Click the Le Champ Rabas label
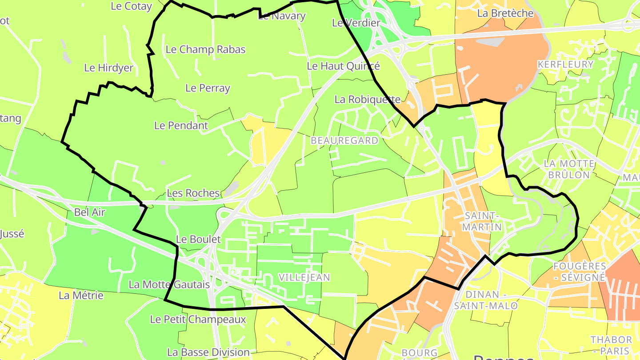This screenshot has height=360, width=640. pos(205,49)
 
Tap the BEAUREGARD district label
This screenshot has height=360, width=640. pos(344,140)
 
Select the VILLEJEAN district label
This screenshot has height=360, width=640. pos(304,277)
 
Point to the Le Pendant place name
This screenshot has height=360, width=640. pos(181,126)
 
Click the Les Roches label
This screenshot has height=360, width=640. pos(193,193)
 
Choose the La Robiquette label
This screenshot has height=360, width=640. pos(368,100)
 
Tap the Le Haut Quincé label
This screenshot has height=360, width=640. pos(344,66)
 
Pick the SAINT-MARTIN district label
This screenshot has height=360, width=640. pos(483,221)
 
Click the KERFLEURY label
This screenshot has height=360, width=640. pos(565,64)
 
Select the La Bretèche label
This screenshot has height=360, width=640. pos(505,13)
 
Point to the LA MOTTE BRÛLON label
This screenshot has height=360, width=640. pos(569,169)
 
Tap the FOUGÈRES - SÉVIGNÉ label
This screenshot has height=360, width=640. pos(579,272)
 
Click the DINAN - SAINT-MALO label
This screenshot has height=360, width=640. pos(485,300)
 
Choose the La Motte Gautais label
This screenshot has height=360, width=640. pos(169,284)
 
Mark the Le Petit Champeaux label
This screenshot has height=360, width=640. pos(198,320)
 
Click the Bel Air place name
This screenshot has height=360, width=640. pos(90,212)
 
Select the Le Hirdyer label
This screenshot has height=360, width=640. pos(108,68)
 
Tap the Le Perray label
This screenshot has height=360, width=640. pos(208,88)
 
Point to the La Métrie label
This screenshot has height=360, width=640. pos(81,296)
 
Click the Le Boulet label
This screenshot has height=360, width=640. pos(198,239)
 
